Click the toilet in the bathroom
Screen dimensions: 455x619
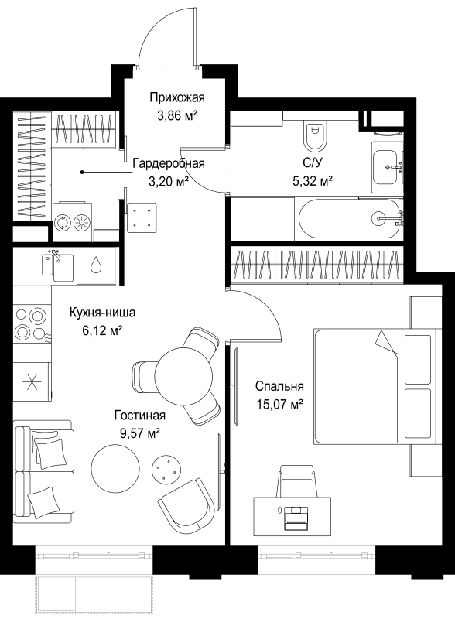[x=315, y=136]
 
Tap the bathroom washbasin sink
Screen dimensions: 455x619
[x=386, y=167]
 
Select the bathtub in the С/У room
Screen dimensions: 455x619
[x=350, y=217]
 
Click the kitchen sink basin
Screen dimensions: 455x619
[x=58, y=265]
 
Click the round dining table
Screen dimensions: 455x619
[x=183, y=375]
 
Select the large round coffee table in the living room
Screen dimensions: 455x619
[x=115, y=468]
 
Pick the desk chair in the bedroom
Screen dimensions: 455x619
[x=298, y=481]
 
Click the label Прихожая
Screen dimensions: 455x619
[x=177, y=97]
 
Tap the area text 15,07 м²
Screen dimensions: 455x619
[x=279, y=404]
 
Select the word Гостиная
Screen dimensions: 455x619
[x=140, y=415]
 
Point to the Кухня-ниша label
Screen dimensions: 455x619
[x=102, y=313]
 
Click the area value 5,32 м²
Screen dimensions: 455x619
[x=312, y=181]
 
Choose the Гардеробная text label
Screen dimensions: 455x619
[x=169, y=163]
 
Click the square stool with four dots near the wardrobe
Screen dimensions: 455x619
[x=142, y=217]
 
